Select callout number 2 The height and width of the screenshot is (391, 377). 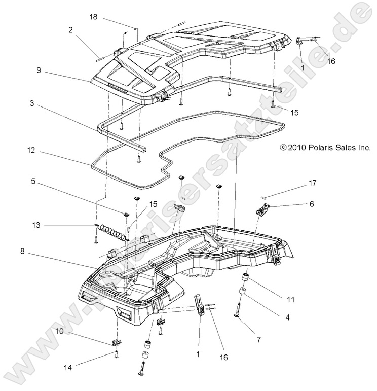coord(71,30)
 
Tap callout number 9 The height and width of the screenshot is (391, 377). coord(39,71)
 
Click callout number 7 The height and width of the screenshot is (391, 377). coord(259,339)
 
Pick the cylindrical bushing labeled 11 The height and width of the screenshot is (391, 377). coord(245,278)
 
